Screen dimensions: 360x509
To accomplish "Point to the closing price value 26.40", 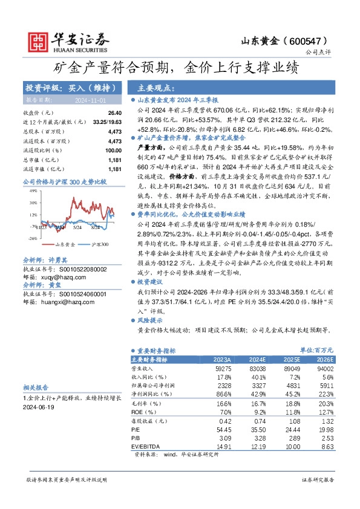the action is (x=114, y=113).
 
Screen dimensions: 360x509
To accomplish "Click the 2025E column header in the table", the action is (x=291, y=358).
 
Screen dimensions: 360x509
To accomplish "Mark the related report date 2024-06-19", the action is (x=38, y=407).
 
